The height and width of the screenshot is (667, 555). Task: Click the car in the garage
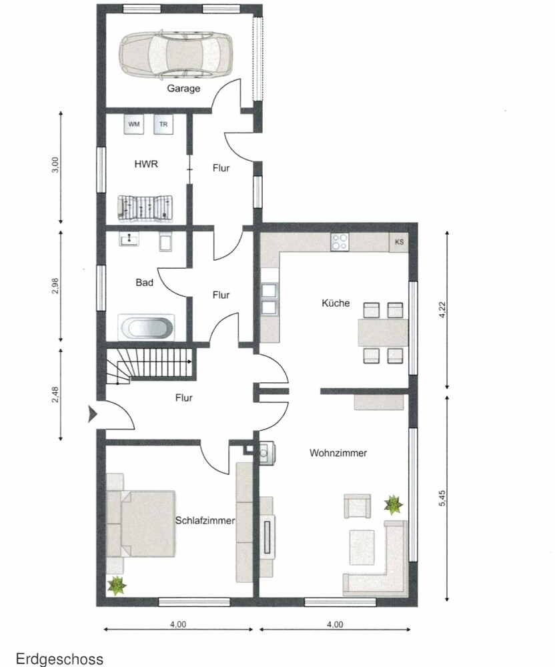(175, 54)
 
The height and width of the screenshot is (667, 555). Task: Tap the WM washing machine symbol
(134, 124)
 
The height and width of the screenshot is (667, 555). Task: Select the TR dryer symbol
(163, 124)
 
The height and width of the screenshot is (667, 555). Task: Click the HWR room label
(146, 164)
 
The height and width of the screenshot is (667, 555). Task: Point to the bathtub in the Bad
(146, 327)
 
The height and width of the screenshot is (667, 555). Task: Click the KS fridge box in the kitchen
(399, 242)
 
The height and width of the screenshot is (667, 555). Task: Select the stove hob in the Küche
(340, 241)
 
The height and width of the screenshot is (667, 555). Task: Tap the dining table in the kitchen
(383, 333)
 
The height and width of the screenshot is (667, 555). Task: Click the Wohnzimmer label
(338, 453)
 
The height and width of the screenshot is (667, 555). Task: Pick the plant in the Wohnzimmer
(394, 505)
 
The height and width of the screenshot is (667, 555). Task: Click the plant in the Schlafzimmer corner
(116, 586)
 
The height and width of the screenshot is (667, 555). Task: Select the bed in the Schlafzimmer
(141, 524)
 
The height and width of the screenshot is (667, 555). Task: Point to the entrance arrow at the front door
(93, 414)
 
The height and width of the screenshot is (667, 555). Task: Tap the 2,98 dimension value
(55, 286)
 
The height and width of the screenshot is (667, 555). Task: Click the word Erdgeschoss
(59, 659)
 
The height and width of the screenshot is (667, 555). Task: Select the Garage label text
(183, 89)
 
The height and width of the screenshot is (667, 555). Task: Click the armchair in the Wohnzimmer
(358, 506)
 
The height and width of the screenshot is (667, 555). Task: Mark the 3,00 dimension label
(55, 165)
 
